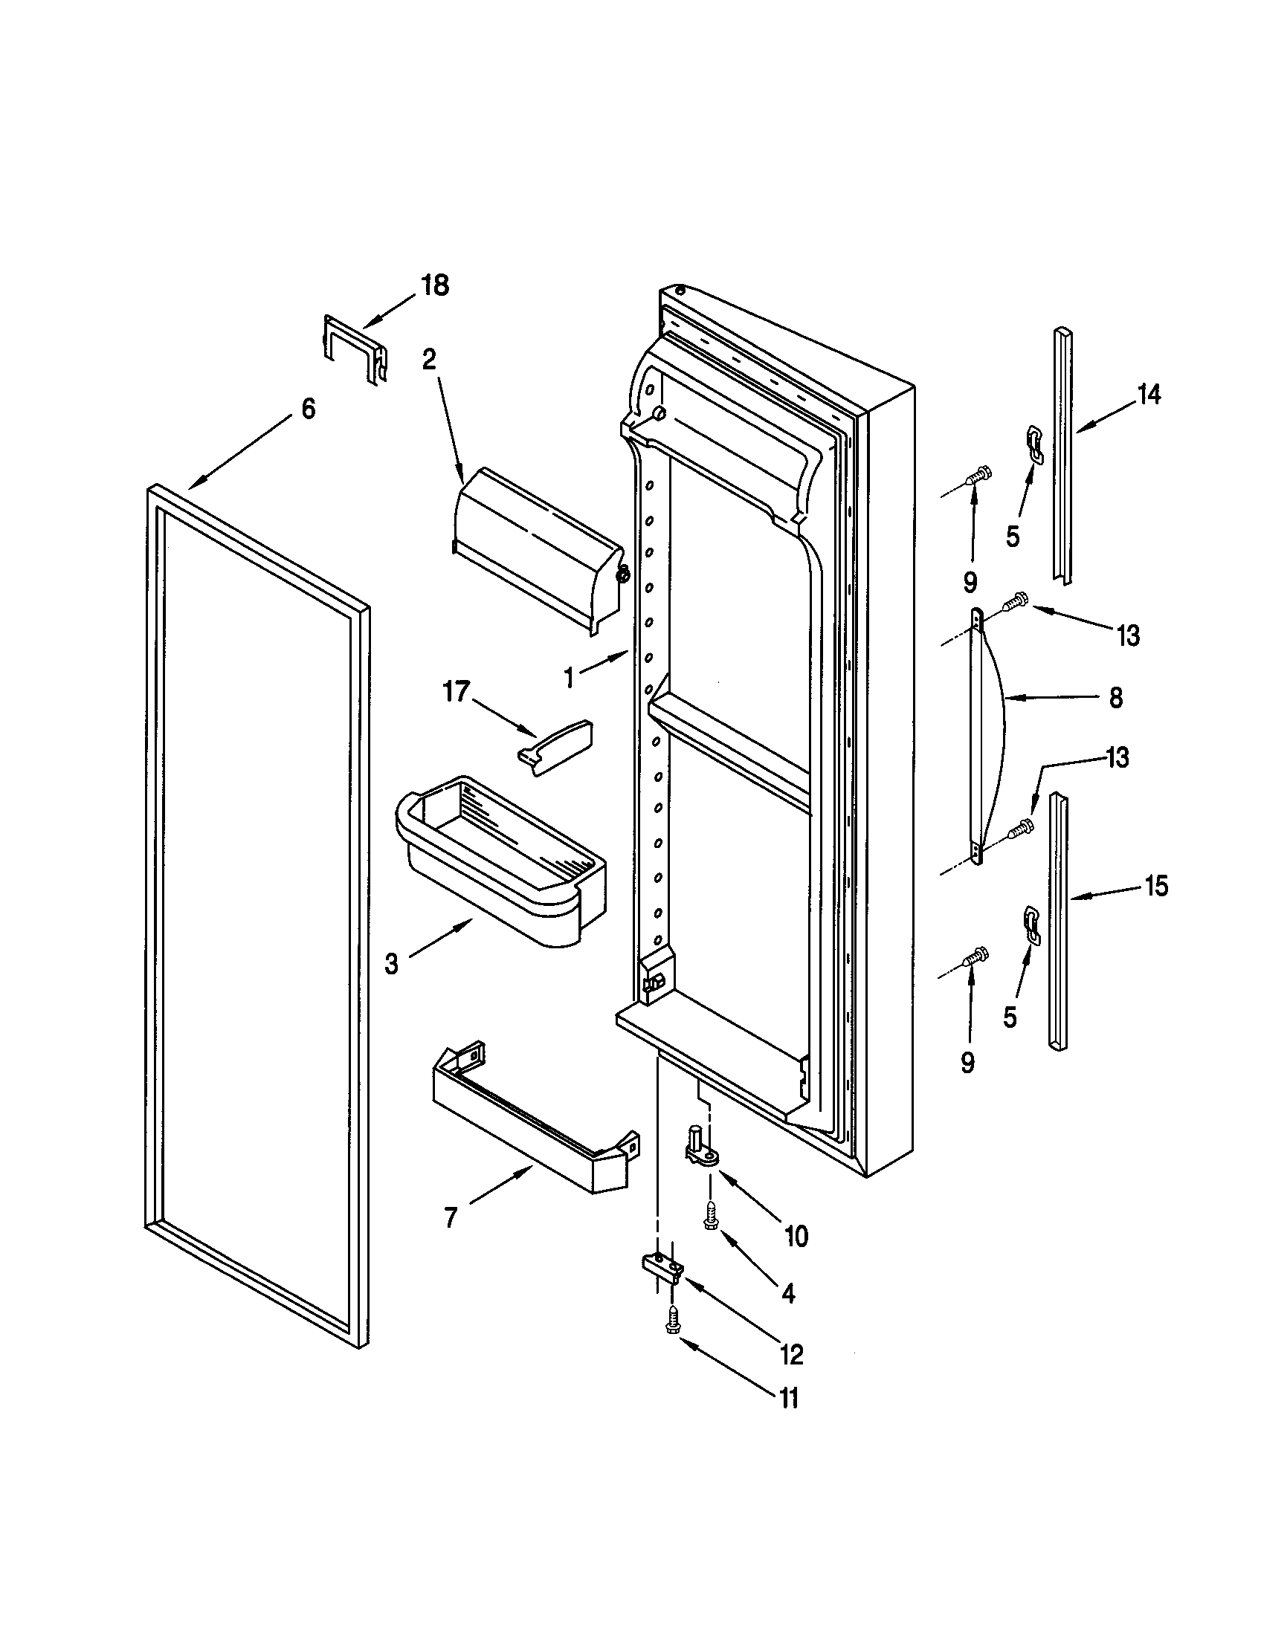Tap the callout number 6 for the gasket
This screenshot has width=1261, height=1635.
coord(308,409)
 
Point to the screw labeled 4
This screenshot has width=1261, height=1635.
coord(711,1221)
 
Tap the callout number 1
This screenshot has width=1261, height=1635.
coord(570,679)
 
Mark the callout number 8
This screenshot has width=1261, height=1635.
coord(1116,699)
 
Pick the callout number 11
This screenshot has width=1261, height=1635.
coord(790,1399)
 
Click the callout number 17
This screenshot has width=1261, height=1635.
coord(456,691)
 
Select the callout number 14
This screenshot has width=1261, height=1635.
coord(1149,395)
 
